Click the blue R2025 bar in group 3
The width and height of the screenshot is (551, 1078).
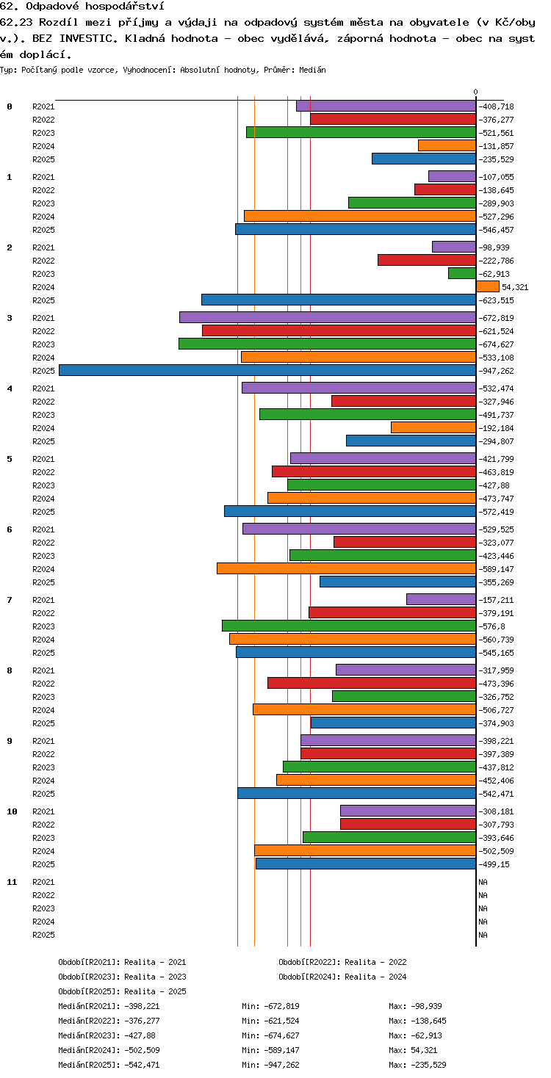[267, 370]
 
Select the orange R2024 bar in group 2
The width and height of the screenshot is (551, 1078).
[487, 286]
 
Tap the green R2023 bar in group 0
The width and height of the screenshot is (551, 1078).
[361, 132]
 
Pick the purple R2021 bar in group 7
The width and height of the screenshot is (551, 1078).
[442, 599]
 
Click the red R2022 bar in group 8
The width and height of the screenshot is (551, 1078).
[372, 683]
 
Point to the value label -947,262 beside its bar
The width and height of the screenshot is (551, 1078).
[496, 371]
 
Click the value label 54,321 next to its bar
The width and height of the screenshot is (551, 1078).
[515, 287]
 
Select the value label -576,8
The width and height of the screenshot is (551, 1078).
[491, 626]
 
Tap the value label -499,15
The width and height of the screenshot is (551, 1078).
[494, 864]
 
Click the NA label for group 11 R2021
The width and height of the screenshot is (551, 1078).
[483, 882]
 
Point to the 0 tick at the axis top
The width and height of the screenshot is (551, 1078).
[476, 92]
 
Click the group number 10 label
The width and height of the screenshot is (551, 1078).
[12, 811]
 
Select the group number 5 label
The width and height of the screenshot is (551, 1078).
[10, 459]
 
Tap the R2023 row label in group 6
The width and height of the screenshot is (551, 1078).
[43, 556]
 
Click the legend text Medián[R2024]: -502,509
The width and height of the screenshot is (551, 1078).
[109, 1050]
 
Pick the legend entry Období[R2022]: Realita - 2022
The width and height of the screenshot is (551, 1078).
[342, 962]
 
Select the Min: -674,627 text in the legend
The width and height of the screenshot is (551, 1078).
[270, 1035]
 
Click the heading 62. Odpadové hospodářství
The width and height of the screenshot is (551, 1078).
[82, 7]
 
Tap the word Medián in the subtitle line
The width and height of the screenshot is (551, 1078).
[312, 70]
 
